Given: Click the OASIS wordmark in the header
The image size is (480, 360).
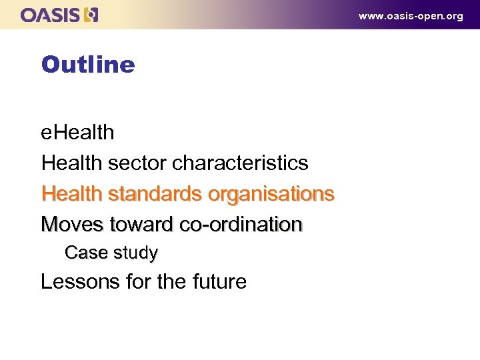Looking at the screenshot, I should click(x=51, y=15).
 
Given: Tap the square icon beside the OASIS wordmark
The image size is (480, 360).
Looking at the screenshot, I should click(x=91, y=15).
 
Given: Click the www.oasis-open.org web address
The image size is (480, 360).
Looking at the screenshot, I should click(x=411, y=16).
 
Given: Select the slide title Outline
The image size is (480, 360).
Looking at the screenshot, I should click(x=87, y=65).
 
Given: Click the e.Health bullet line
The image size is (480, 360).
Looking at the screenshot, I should click(x=77, y=132).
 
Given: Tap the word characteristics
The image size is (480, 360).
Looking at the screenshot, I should click(x=241, y=163).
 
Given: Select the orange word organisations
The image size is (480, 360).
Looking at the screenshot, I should click(x=271, y=194).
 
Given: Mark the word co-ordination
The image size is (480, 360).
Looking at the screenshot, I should click(x=241, y=224).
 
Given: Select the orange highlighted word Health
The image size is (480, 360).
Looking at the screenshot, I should click(x=72, y=194).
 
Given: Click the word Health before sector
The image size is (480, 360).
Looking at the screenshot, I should click(x=72, y=163).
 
